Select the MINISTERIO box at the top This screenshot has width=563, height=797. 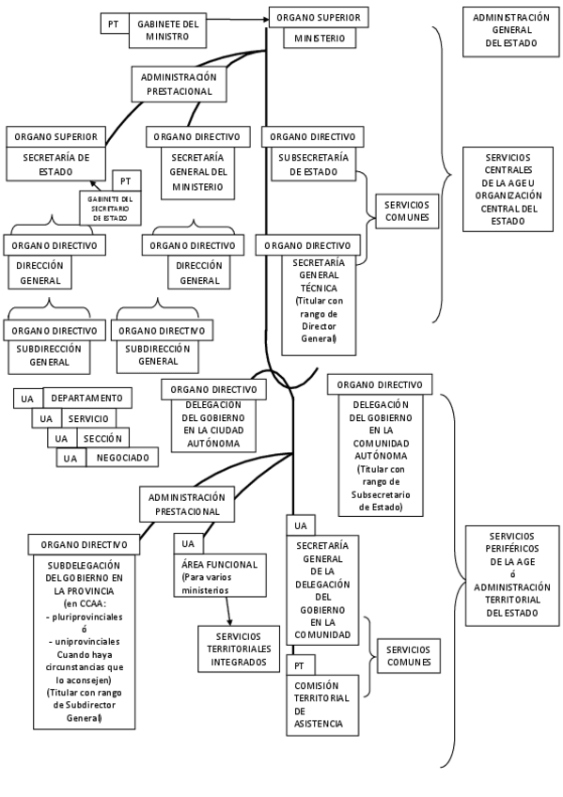point(318,39)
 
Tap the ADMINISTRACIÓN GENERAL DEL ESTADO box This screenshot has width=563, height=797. point(511,30)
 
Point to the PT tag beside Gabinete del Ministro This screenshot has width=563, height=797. point(113,23)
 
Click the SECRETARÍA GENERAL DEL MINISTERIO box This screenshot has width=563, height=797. point(197,172)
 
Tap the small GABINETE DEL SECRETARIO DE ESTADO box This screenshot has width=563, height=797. point(110,209)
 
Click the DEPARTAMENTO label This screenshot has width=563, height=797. point(86,398)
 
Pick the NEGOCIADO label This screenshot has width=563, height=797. point(121,458)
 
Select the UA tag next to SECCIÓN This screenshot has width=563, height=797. point(60,438)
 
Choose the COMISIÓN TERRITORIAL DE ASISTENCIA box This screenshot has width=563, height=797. point(321,704)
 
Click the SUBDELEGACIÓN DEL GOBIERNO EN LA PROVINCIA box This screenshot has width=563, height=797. point(86,639)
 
